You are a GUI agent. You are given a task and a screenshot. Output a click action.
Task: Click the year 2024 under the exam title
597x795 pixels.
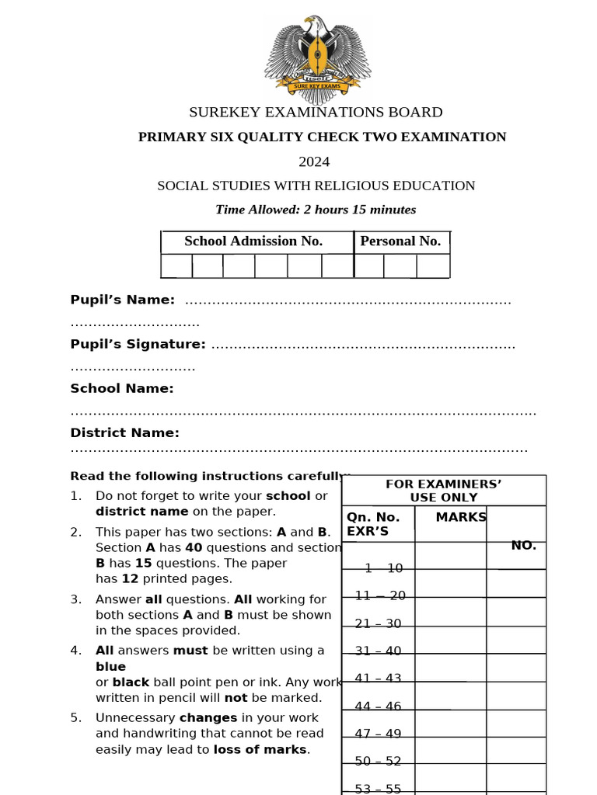coord(314,161)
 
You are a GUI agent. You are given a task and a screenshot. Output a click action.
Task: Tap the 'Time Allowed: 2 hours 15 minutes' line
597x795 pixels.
coord(316,210)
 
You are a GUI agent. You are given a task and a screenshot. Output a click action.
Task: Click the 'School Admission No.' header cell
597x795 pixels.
coord(253,241)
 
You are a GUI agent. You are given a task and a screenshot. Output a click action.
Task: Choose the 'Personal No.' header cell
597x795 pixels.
coord(400,241)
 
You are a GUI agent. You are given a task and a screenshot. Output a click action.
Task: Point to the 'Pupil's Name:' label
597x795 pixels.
coord(122,300)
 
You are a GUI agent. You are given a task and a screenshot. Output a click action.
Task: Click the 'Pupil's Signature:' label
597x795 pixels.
coord(138,344)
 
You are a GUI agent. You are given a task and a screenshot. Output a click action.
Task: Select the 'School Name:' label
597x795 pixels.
coord(122,388)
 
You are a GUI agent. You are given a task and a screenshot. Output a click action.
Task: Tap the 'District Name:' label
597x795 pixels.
coord(124,432)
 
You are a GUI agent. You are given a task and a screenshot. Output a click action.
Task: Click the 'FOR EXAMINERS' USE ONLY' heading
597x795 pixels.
coord(443,491)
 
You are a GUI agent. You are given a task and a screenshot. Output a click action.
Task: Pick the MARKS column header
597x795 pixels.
coord(461,517)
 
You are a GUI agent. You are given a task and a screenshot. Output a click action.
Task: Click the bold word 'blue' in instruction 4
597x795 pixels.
coord(110,666)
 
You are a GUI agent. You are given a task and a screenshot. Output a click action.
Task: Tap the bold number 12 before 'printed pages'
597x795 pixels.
coord(130,578)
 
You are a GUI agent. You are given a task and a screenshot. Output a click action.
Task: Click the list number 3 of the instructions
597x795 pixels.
coord(75,599)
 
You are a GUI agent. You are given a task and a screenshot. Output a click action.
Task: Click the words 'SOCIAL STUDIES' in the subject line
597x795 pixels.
coord(204,186)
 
